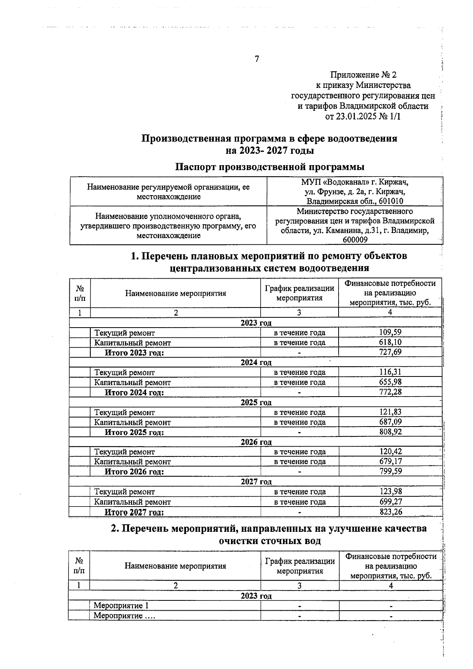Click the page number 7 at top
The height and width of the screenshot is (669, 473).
257,59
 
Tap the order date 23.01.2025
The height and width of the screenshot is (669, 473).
354,116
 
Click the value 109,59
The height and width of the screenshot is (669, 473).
390,332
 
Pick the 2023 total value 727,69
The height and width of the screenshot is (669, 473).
390,352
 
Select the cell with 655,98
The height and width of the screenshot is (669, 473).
390,382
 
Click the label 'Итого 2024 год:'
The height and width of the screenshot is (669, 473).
134,392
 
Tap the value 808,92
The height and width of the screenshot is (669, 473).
390,432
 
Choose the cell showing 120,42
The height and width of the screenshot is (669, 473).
390,452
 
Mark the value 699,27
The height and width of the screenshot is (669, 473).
390,501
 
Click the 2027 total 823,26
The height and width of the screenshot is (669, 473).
390,512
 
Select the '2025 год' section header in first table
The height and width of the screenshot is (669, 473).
256,403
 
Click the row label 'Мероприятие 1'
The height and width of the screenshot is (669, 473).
121,606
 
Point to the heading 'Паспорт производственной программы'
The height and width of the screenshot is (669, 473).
270,167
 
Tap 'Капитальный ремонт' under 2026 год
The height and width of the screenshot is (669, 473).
132,462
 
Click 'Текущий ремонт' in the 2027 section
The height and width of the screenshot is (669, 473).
124,492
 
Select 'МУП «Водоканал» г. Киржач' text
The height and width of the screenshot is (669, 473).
354,183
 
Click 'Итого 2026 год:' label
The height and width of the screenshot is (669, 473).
134,471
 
